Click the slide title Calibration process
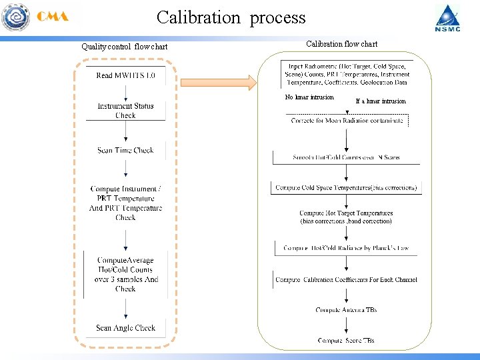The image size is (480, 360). click(x=231, y=17)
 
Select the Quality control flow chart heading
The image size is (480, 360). click(x=124, y=47)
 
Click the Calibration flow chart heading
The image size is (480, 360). click(x=341, y=44)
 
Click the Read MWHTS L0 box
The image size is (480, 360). click(x=125, y=75)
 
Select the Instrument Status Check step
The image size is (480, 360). click(x=125, y=111)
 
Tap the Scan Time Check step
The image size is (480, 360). click(x=125, y=151)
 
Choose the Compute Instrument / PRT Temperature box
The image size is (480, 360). click(x=125, y=203)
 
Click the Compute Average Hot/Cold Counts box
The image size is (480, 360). click(x=125, y=274)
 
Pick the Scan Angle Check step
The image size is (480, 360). click(x=125, y=328)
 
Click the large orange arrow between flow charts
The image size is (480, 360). click(x=217, y=83)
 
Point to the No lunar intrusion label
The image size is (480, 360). click(x=309, y=97)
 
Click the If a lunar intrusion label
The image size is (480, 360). click(x=380, y=101)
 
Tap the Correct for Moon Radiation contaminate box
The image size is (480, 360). click(x=347, y=120)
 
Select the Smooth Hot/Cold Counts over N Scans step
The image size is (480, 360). click(x=346, y=158)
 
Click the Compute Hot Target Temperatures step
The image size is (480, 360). click(x=346, y=217)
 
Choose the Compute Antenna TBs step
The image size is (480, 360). click(x=346, y=310)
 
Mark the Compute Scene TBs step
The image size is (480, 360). click(x=346, y=341)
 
